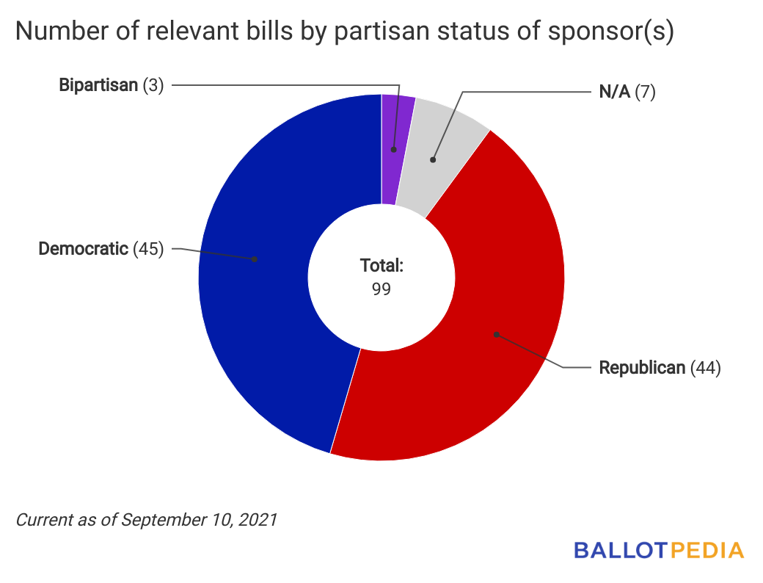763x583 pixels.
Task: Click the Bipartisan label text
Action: click(98, 85)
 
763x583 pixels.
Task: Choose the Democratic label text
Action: click(83, 249)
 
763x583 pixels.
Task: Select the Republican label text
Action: click(642, 368)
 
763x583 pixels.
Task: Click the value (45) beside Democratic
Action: click(148, 249)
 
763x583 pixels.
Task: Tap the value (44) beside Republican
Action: click(706, 368)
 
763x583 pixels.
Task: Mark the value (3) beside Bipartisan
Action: click(153, 85)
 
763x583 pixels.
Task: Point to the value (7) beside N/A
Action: click(645, 93)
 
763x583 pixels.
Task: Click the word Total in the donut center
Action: click(381, 266)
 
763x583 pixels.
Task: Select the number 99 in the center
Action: click(381, 289)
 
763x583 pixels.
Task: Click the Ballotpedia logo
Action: click(658, 550)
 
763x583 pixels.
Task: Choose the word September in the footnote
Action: click(157, 520)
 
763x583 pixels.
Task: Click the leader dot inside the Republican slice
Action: click(496, 334)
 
